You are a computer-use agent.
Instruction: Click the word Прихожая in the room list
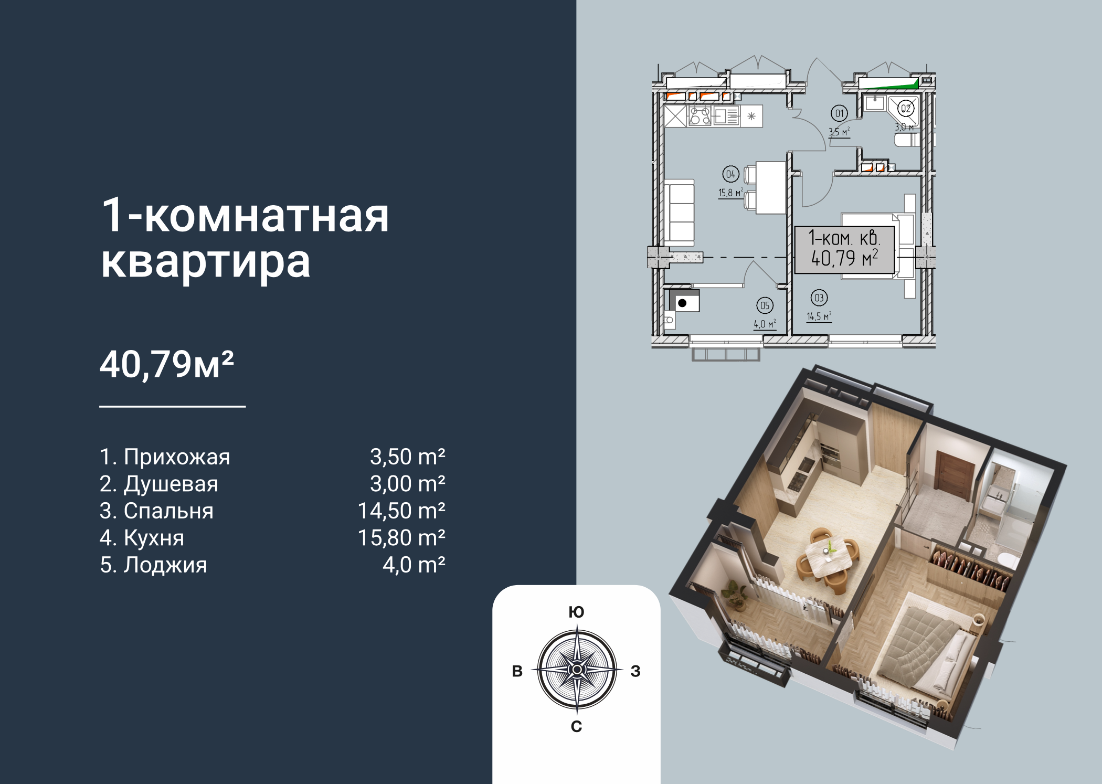point(177,457)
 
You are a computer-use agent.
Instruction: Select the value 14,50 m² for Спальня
point(401,511)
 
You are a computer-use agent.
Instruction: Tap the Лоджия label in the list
point(165,565)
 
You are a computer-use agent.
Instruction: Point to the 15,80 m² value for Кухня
point(401,538)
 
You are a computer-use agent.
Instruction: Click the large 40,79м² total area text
point(167,364)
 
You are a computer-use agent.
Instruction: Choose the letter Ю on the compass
point(576,612)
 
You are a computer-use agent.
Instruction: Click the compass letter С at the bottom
point(576,726)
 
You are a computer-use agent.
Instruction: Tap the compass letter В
point(517,671)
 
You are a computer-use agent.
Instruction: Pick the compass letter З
point(635,671)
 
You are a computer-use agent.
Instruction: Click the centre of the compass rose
point(577,670)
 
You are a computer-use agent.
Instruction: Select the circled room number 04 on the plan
point(730,174)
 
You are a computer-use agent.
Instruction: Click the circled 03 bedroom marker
point(819,298)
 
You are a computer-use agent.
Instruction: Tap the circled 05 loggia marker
point(765,305)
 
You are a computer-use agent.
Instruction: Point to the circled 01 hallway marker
point(839,113)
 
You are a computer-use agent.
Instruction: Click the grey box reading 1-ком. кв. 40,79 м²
point(844,250)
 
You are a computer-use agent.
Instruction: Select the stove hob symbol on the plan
point(700,115)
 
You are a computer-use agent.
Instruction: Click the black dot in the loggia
point(682,303)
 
